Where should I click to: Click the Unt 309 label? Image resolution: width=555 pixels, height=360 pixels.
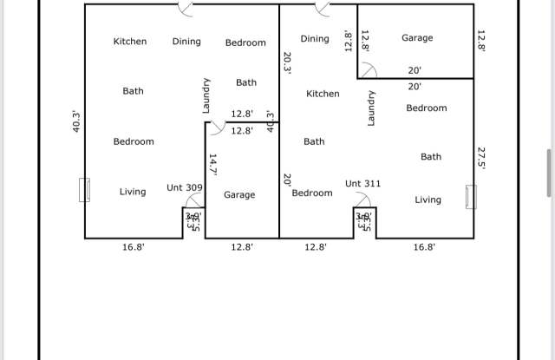click(x=185, y=187)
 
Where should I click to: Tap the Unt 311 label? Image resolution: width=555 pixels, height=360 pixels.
click(x=362, y=184)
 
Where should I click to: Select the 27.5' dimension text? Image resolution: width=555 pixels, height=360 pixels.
click(x=482, y=157)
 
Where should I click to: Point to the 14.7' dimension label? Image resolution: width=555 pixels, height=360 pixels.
click(x=212, y=164)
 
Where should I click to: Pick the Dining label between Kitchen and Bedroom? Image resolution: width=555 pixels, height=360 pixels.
click(x=186, y=41)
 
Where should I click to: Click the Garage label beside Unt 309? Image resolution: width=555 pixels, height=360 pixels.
click(x=239, y=195)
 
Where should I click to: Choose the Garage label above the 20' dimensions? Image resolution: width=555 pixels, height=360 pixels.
click(x=417, y=38)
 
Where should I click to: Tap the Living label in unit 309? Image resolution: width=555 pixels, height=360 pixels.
click(x=133, y=192)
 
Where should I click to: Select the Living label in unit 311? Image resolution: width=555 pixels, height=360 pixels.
click(x=428, y=200)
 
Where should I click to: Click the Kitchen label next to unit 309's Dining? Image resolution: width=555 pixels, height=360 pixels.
click(x=130, y=41)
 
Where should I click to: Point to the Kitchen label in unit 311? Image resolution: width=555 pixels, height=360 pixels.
click(x=323, y=94)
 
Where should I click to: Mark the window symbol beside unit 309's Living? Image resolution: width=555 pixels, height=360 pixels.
click(x=84, y=190)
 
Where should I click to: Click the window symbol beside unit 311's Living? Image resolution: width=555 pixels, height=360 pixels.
click(x=471, y=197)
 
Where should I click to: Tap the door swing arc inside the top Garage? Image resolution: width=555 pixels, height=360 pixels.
click(x=369, y=71)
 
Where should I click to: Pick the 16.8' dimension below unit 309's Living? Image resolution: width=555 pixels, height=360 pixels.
click(x=133, y=247)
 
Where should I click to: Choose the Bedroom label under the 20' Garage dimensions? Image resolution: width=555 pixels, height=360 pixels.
click(x=427, y=108)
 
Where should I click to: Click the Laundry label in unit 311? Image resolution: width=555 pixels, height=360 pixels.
click(x=372, y=108)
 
